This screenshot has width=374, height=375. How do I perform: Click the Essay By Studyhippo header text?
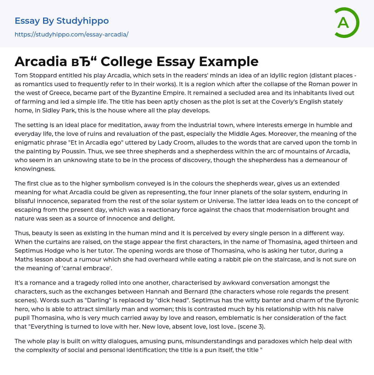tap(62, 21)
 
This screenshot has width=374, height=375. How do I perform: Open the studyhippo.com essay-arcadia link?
tap(72, 35)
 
